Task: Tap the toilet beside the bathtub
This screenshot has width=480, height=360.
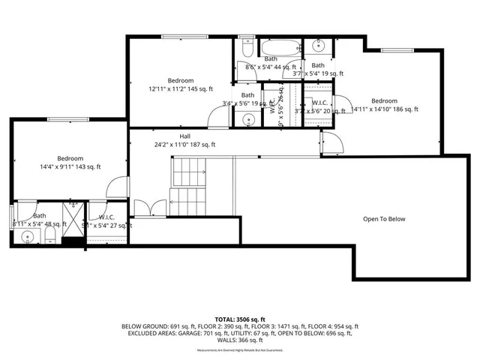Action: [x=247, y=49]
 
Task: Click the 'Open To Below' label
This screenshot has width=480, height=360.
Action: [x=384, y=219]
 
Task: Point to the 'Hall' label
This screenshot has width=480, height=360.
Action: [x=184, y=136]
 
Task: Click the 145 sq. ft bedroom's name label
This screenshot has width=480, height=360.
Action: [x=181, y=80]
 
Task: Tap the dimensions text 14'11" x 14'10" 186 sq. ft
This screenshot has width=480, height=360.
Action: [x=385, y=109]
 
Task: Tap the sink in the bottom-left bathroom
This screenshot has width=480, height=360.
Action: [x=28, y=238]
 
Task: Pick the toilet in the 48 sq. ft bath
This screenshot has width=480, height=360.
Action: [x=49, y=237]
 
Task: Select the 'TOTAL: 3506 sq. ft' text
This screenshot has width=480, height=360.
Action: [x=240, y=319]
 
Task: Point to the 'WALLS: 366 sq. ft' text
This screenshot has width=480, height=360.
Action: [x=240, y=340]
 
